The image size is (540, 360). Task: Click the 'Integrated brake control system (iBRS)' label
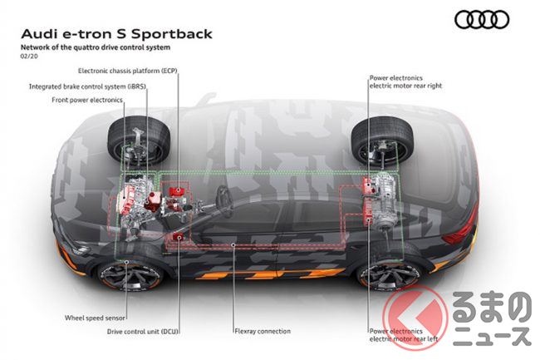click(x=86, y=86)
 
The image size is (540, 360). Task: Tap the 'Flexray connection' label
click(x=263, y=331)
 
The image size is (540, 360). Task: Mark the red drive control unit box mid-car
click(x=177, y=239)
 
